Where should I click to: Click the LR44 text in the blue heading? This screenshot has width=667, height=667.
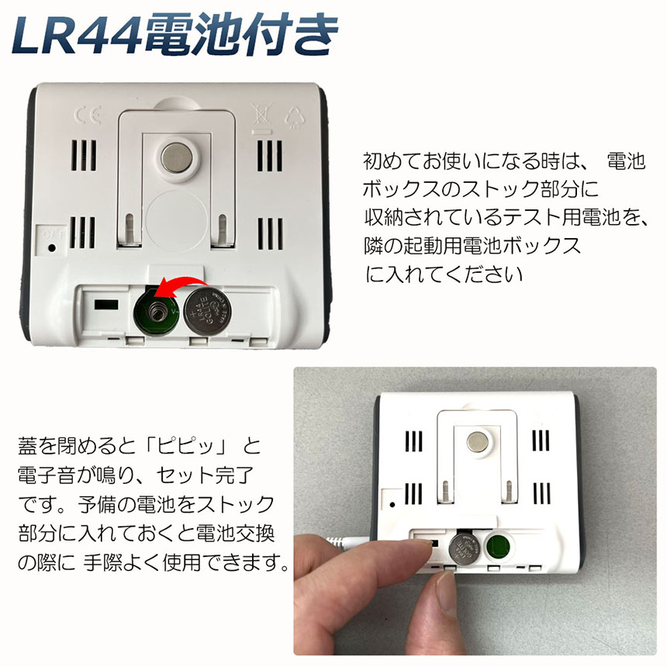78,35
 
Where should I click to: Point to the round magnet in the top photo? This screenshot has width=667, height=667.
177,157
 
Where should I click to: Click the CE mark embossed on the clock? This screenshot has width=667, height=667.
88,115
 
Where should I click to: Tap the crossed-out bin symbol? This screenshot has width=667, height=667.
261,116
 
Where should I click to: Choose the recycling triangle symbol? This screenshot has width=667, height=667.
295,117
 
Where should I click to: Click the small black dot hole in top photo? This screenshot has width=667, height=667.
52,247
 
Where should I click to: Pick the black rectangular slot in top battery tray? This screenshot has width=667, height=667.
106,305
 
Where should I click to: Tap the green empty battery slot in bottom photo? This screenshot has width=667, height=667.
498,547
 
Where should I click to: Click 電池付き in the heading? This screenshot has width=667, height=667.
242,35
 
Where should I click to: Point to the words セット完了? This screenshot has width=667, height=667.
205,475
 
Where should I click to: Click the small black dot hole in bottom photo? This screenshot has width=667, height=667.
392,505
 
